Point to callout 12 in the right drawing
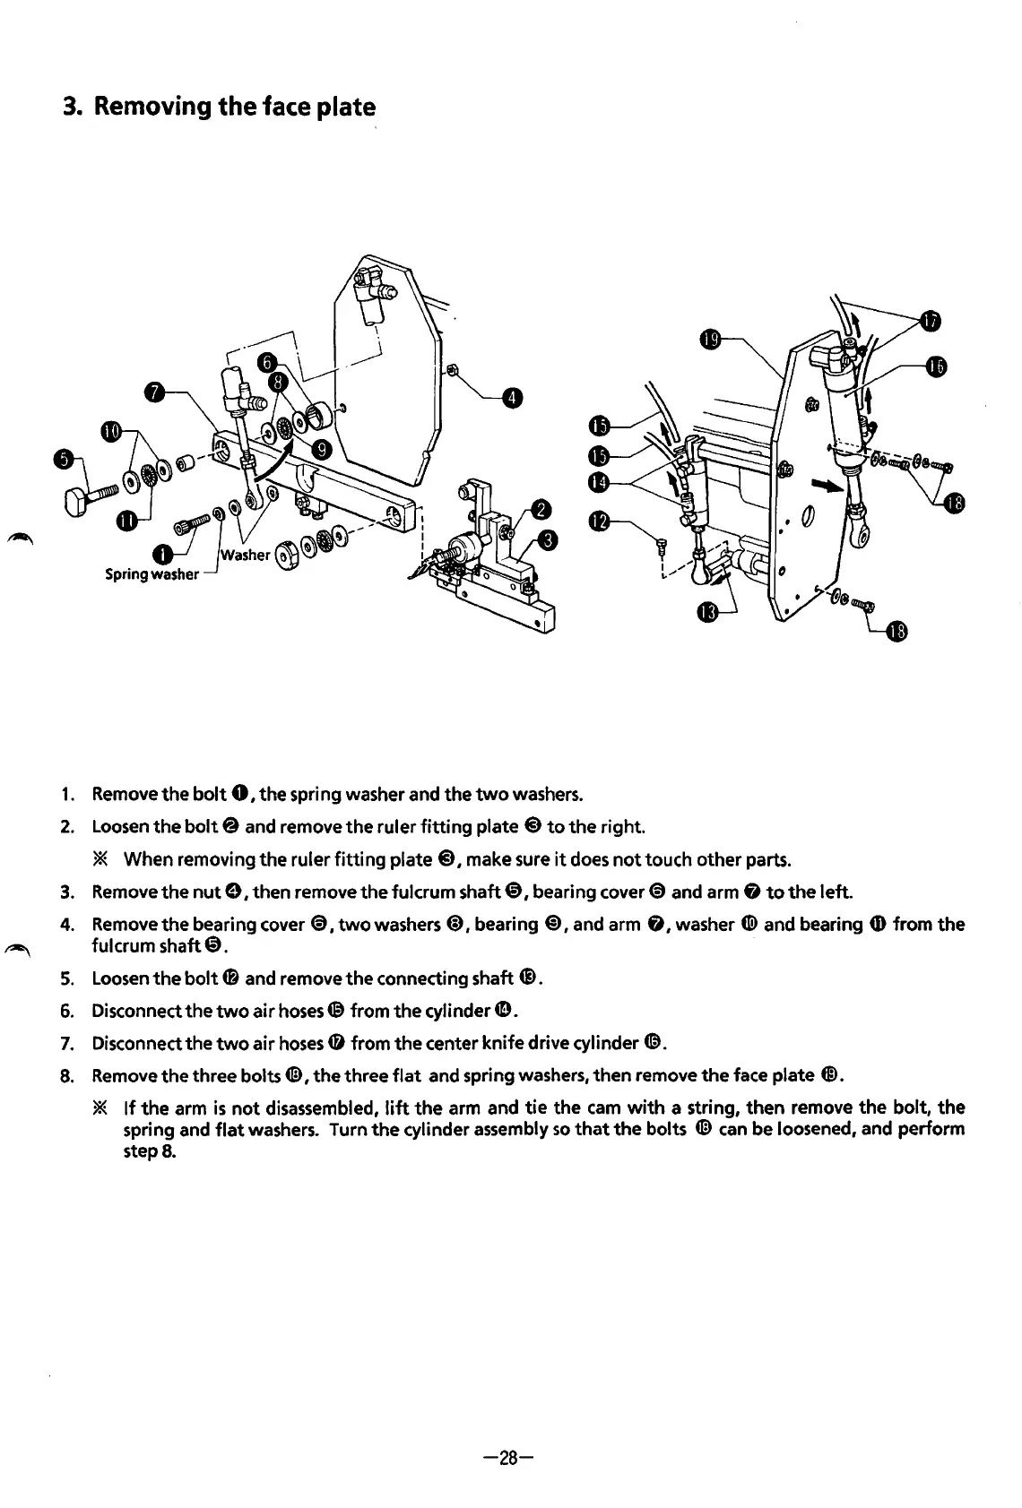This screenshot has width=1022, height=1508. (x=599, y=521)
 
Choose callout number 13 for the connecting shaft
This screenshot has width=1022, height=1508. (x=708, y=613)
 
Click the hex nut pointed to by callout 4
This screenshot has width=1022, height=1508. (x=454, y=369)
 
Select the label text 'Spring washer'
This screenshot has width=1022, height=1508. (x=152, y=574)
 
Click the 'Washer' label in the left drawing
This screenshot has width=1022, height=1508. (x=246, y=554)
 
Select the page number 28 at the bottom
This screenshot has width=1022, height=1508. (x=509, y=1458)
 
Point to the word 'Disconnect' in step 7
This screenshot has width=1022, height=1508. (x=134, y=1043)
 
